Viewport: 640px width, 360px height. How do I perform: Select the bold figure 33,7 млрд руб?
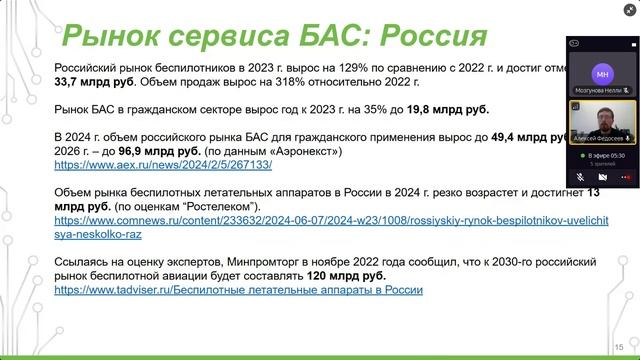tap(93, 84)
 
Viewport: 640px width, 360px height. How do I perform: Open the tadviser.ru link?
tap(238, 289)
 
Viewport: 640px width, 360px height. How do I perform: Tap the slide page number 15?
tap(631, 339)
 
